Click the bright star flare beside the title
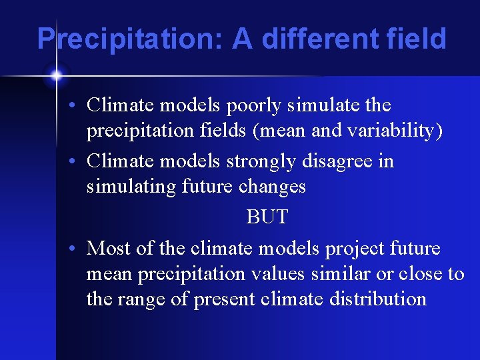pos(56,75)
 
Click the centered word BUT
pos(267,217)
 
